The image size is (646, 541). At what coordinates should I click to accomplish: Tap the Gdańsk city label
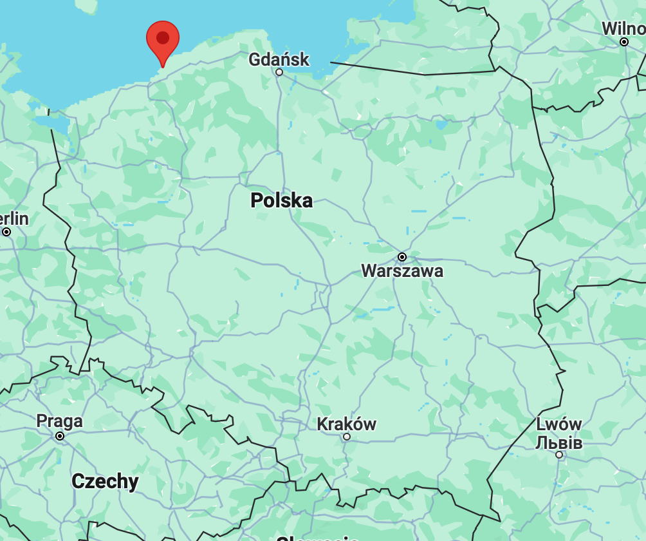pyautogui.click(x=279, y=60)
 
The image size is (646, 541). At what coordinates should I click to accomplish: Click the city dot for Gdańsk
pyautogui.click(x=279, y=72)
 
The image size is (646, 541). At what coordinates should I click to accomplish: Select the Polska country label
pyautogui.click(x=281, y=200)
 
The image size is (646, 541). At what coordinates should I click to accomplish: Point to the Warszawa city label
pyautogui.click(x=402, y=270)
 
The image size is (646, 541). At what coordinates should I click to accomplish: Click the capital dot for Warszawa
pyautogui.click(x=402, y=257)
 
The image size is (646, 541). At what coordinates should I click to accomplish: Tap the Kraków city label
pyautogui.click(x=346, y=424)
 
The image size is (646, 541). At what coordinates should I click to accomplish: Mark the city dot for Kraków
pyautogui.click(x=347, y=437)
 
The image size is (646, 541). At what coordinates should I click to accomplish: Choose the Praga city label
pyautogui.click(x=59, y=421)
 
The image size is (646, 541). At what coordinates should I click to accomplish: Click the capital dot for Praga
pyautogui.click(x=60, y=436)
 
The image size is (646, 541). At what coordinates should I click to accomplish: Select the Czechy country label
pyautogui.click(x=105, y=481)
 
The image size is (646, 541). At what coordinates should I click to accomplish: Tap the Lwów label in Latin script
pyautogui.click(x=558, y=425)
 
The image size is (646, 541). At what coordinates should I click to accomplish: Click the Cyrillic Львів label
pyautogui.click(x=558, y=442)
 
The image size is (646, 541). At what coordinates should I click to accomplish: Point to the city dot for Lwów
pyautogui.click(x=559, y=455)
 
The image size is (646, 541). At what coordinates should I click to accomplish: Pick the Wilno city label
pyautogui.click(x=623, y=29)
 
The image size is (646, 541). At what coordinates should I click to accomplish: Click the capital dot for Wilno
pyautogui.click(x=623, y=42)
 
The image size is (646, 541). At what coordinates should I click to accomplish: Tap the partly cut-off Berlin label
pyautogui.click(x=14, y=219)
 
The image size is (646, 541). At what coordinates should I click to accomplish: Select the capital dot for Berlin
pyautogui.click(x=6, y=232)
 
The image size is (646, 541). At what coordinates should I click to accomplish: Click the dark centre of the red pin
pyautogui.click(x=163, y=37)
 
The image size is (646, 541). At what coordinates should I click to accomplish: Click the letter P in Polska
pyautogui.click(x=256, y=200)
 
